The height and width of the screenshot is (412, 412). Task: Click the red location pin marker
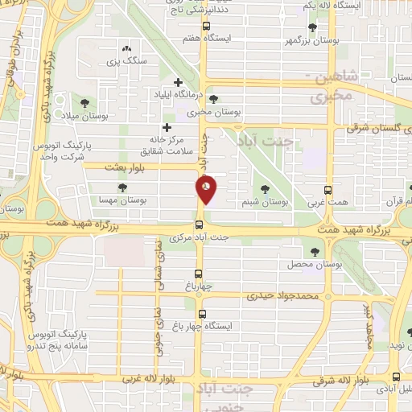click(206, 189)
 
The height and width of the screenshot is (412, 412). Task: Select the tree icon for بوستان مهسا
click(122, 187)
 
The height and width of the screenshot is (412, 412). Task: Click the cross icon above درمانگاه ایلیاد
click(179, 81)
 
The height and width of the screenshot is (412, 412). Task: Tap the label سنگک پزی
click(126, 60)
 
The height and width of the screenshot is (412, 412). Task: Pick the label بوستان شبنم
click(266, 202)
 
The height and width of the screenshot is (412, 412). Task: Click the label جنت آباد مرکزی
click(200, 238)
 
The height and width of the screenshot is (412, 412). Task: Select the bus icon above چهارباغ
click(200, 273)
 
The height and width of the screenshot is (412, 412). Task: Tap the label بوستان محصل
click(311, 264)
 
